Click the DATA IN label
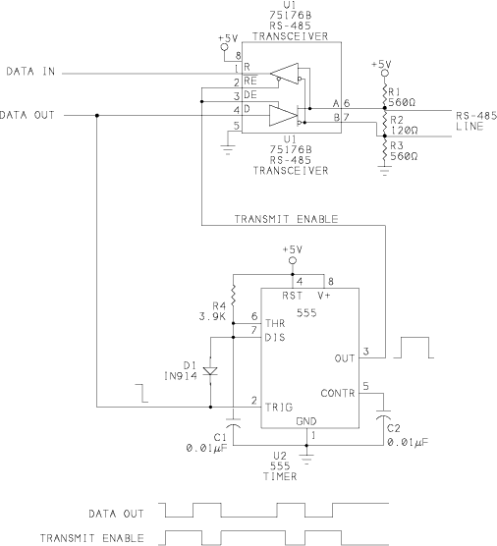click(x=30, y=72)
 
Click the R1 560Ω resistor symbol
click(x=385, y=95)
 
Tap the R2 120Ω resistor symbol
click(x=385, y=123)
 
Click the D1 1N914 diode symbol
click(x=210, y=371)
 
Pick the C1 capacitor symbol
click(x=233, y=422)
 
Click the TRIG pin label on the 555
click(x=279, y=408)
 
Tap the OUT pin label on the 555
click(x=344, y=358)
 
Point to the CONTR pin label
click(x=338, y=393)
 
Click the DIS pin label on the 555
click(x=275, y=338)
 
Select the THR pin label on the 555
click(x=275, y=323)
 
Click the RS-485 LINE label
click(x=476, y=121)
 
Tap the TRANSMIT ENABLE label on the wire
click(x=286, y=219)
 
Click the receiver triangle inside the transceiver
click(x=284, y=74)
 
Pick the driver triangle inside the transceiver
click(x=283, y=116)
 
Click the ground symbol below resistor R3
click(x=384, y=171)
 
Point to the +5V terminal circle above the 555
click(x=293, y=260)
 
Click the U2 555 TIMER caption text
click(x=280, y=465)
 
